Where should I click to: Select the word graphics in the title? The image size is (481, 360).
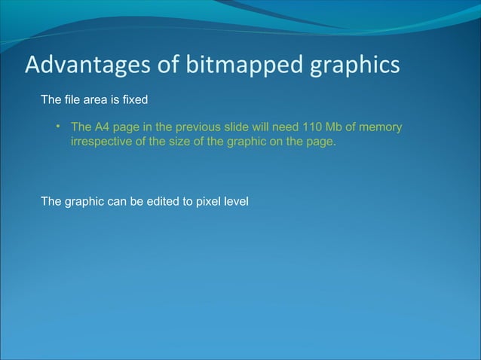click(x=354, y=66)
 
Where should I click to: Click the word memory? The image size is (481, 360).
click(x=382, y=127)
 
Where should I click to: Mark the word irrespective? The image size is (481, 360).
click(x=99, y=141)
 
